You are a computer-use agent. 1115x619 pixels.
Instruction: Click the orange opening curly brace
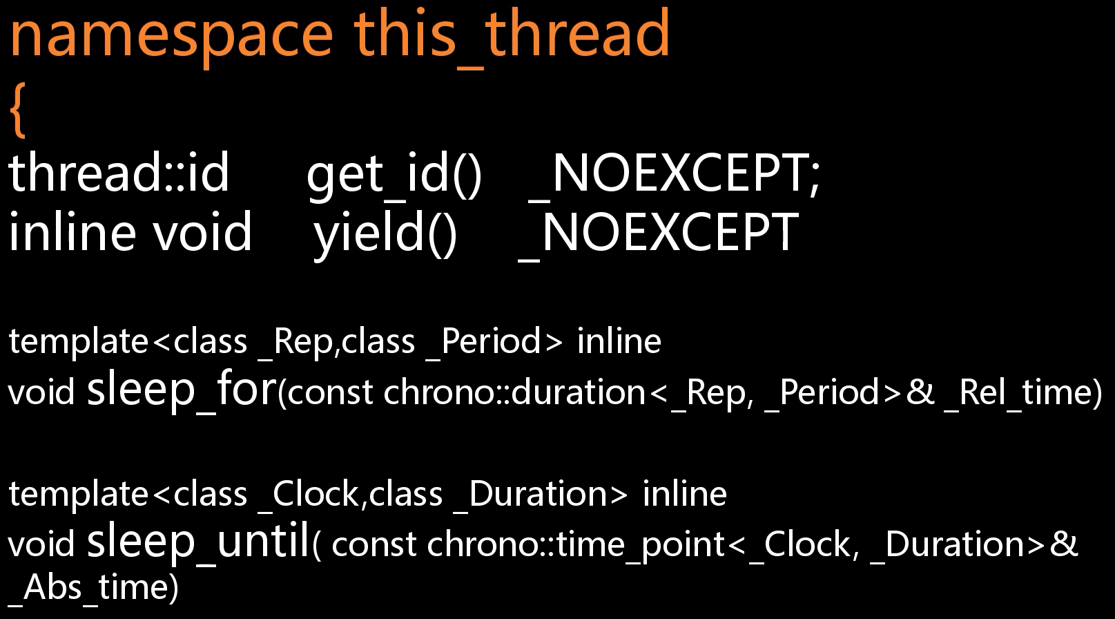tap(18, 110)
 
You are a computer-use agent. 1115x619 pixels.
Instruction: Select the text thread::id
tap(119, 172)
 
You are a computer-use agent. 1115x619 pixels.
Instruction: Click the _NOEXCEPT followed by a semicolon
tap(674, 174)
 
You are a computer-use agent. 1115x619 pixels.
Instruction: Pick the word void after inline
tap(202, 231)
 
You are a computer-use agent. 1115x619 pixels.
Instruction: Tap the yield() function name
tap(385, 235)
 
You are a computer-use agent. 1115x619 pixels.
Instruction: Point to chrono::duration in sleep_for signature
tap(514, 392)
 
